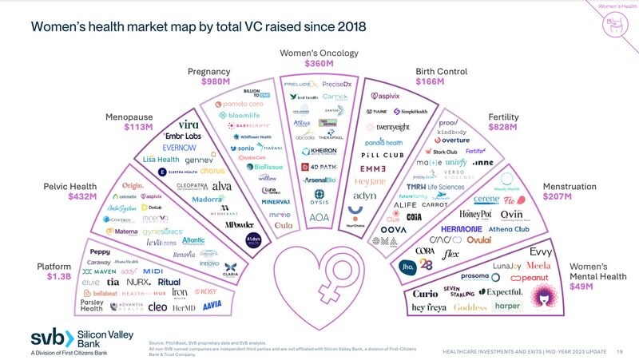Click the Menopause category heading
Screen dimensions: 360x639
[x=129, y=117]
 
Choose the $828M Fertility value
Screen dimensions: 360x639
[x=504, y=129]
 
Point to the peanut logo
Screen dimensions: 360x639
[x=529, y=278]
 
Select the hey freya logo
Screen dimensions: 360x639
[x=429, y=307]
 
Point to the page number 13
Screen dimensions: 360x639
[x=618, y=352]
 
